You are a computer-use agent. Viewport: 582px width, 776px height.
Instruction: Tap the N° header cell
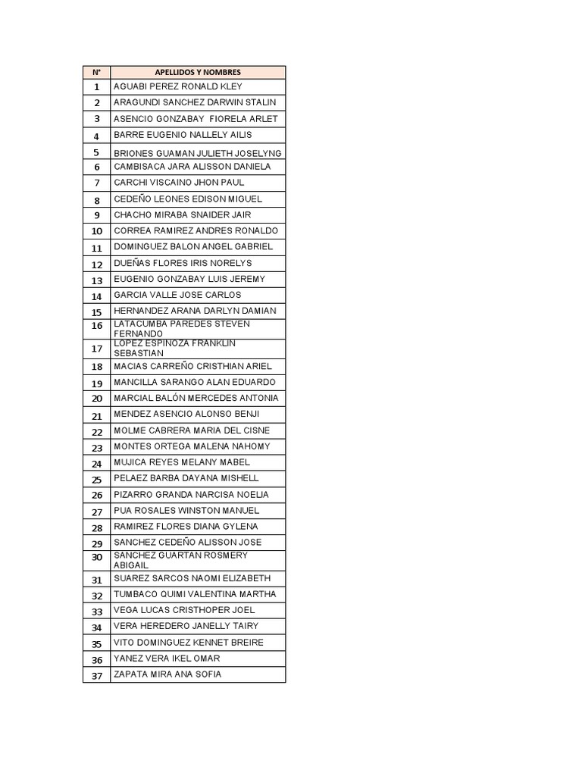(96, 72)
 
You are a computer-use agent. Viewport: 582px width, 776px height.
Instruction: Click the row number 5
(96, 152)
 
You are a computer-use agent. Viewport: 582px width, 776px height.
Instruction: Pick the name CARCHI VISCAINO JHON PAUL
(179, 183)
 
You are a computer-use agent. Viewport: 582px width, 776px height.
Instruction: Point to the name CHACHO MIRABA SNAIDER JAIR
(182, 214)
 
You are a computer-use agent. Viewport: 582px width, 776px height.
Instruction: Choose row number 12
(96, 264)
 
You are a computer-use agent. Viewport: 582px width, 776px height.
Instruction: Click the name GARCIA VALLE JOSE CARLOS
(177, 295)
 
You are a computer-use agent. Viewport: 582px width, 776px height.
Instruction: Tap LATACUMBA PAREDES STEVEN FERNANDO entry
(182, 329)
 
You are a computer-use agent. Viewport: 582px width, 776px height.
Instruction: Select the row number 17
(96, 349)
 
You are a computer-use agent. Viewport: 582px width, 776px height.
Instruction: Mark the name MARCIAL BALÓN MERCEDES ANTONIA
(196, 398)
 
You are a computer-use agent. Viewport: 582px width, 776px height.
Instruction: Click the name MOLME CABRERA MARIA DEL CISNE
(191, 430)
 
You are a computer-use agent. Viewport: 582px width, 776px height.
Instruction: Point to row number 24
(96, 464)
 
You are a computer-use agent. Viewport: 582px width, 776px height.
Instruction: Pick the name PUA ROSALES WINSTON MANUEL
(186, 510)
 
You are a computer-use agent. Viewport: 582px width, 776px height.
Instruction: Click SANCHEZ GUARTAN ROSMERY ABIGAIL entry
(180, 560)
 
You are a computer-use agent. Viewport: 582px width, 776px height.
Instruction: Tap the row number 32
(96, 596)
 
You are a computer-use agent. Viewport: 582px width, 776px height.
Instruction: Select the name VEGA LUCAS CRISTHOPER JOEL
(184, 610)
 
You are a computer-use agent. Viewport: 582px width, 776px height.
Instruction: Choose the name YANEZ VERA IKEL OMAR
(167, 659)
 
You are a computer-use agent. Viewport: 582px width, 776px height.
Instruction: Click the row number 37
(96, 676)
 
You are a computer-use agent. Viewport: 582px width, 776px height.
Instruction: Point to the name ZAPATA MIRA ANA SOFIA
(167, 674)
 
